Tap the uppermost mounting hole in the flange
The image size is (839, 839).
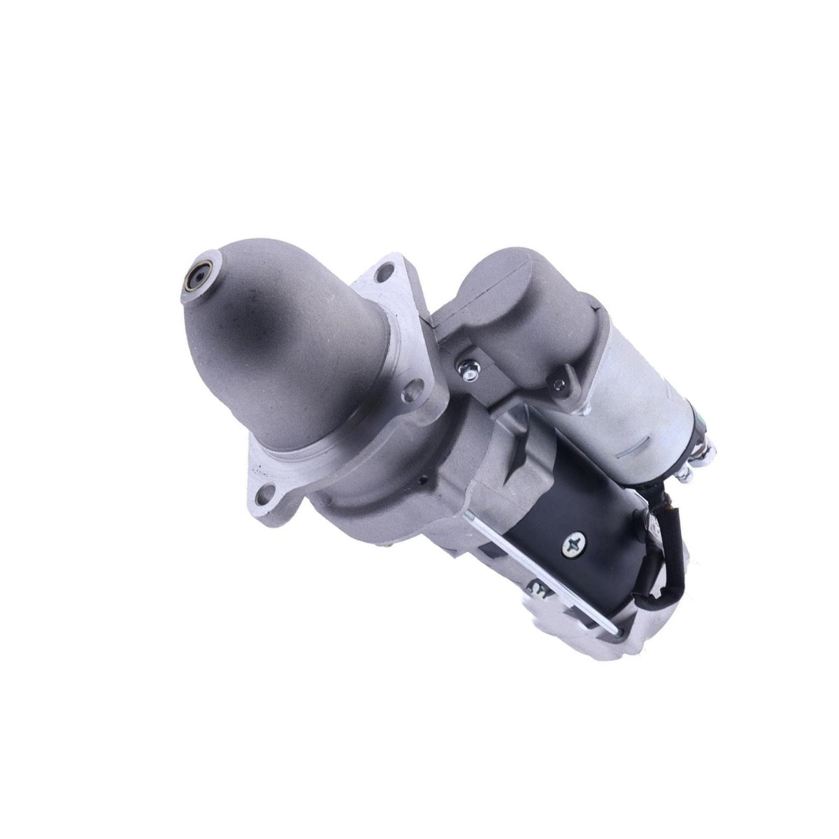(x=383, y=272)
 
